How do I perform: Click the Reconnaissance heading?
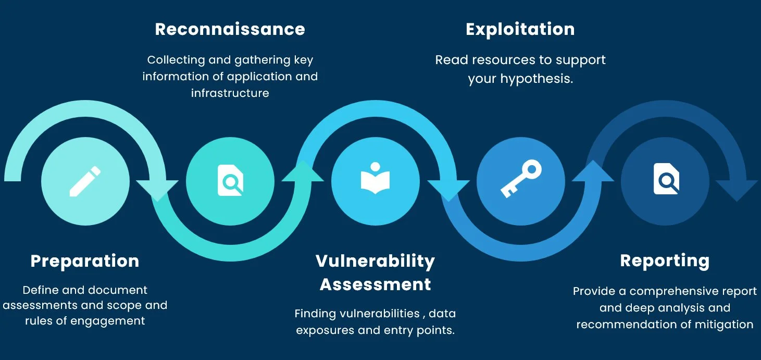[x=230, y=29]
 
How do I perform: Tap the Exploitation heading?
[x=520, y=29]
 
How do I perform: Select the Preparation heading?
[x=85, y=261]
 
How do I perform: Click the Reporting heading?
[x=665, y=260]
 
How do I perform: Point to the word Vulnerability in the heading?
[x=375, y=261]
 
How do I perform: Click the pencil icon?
[x=85, y=181]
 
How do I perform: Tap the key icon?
[x=520, y=179]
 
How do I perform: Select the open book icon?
[x=375, y=178]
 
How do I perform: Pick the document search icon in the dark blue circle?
[x=666, y=180]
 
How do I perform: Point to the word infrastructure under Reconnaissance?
[x=230, y=93]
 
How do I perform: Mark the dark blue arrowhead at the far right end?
[x=737, y=190]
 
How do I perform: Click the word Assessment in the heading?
[x=375, y=284]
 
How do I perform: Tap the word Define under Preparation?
[x=40, y=290]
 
